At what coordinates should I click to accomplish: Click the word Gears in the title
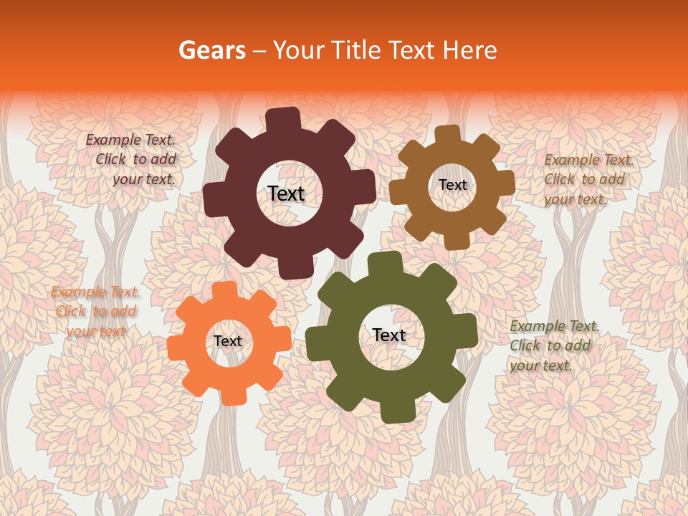coord(211,51)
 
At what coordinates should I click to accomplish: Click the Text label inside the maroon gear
coord(286,193)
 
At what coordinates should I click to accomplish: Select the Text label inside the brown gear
coord(452,185)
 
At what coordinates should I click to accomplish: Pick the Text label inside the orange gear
coord(228,342)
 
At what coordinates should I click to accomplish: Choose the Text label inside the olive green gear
coord(389,335)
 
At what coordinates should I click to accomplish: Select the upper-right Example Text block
coord(587,179)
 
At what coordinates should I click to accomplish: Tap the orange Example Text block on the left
coord(95,311)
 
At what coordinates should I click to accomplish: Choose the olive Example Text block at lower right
coord(553,345)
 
